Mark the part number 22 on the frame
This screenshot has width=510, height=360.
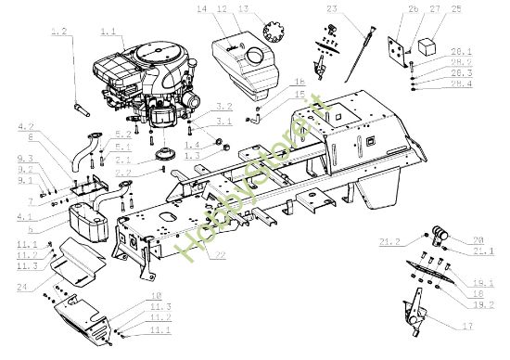pyautogui.click(x=216, y=255)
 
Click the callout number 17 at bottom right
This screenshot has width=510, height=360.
pyautogui.click(x=465, y=326)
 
